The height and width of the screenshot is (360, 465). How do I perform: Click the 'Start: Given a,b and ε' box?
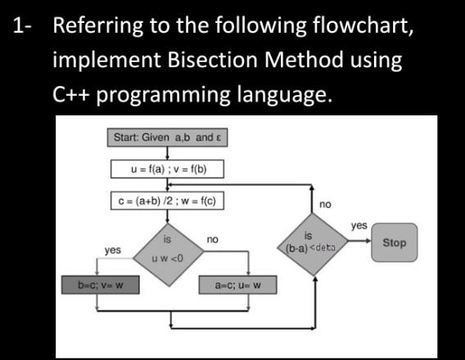click(167, 137)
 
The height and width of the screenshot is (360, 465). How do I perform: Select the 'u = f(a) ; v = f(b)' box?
click(167, 169)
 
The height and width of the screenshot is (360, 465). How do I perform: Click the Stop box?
click(394, 243)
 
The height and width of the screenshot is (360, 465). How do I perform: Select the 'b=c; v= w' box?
click(100, 286)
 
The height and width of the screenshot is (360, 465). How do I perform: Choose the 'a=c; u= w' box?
click(237, 286)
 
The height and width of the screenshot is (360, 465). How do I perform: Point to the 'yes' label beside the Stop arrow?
click(359, 225)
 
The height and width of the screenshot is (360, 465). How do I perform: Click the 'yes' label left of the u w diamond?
click(113, 250)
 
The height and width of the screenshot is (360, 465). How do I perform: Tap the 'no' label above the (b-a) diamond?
click(325, 204)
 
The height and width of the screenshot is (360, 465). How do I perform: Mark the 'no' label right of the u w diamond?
click(213, 240)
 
